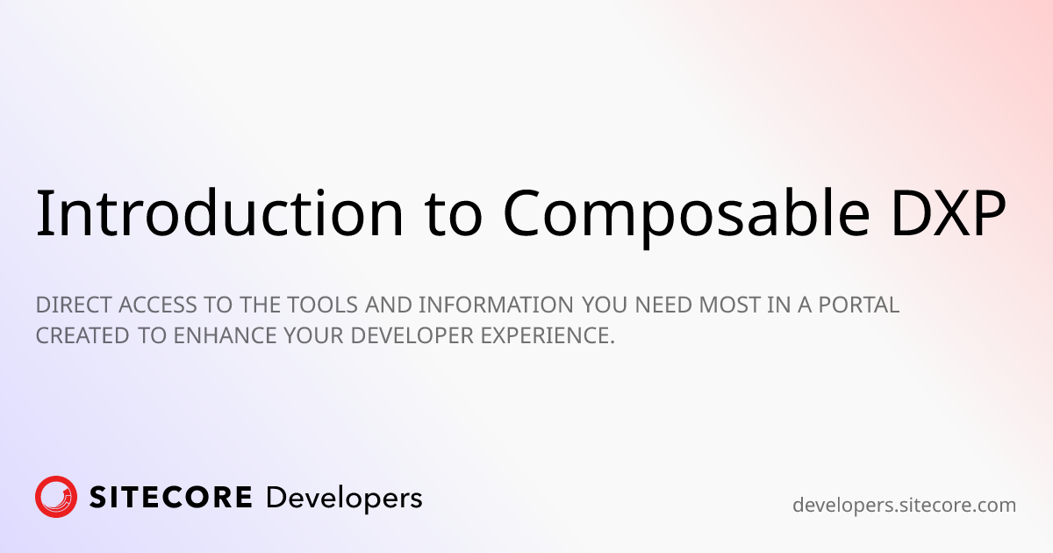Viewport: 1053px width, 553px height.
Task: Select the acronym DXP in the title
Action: (x=952, y=213)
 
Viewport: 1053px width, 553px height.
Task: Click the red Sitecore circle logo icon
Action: (x=56, y=497)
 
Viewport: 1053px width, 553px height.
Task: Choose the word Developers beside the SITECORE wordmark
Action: (x=344, y=498)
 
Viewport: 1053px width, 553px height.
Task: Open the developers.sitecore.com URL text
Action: (x=904, y=505)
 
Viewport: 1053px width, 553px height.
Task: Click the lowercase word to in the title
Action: (x=450, y=213)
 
